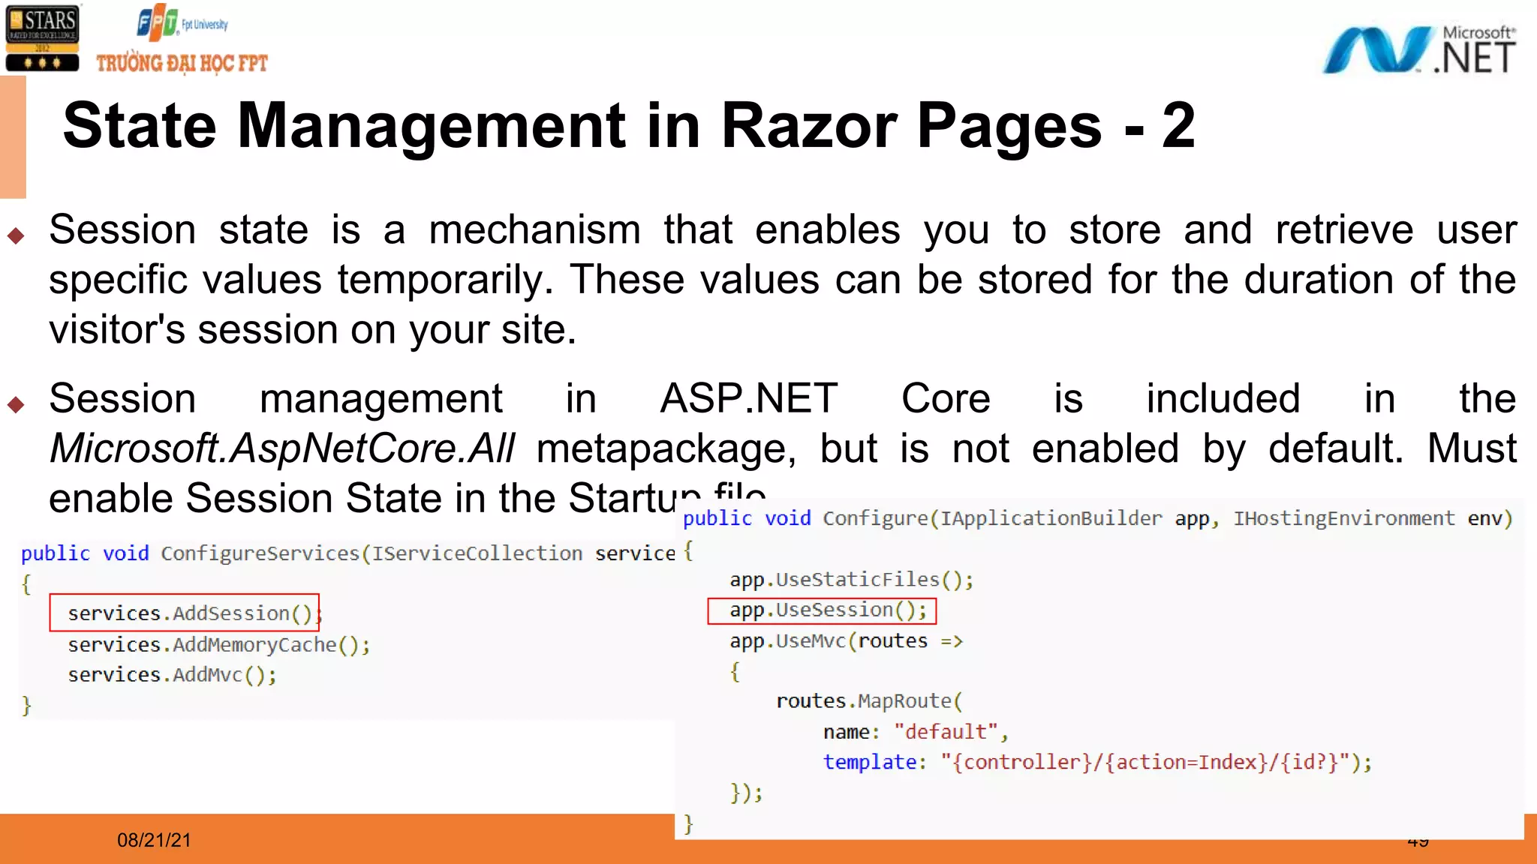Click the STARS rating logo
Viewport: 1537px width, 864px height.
click(43, 38)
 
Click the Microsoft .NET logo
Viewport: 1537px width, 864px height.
click(1418, 50)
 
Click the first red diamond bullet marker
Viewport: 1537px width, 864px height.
click(16, 236)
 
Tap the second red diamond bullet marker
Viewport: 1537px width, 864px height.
click(16, 405)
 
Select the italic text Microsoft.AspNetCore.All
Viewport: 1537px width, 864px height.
click(282, 448)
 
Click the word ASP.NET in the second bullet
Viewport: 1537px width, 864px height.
click(748, 398)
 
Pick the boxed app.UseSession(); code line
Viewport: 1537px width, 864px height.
click(822, 610)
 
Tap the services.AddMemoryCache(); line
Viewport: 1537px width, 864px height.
click(218, 645)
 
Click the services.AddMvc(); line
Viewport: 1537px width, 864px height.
click(172, 675)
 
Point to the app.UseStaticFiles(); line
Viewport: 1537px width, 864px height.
click(851, 580)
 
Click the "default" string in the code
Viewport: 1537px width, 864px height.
click(946, 732)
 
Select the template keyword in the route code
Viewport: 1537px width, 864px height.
click(869, 762)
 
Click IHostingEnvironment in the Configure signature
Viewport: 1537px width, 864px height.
click(1343, 518)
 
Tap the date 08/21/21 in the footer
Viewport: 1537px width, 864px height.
click(154, 840)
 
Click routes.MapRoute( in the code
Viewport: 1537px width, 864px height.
click(868, 701)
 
